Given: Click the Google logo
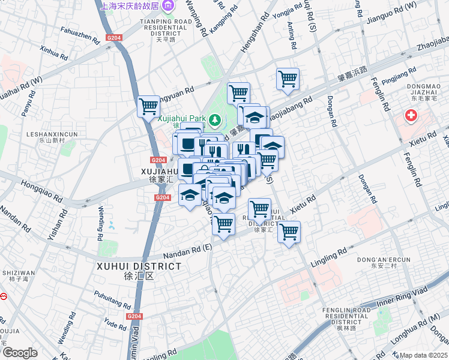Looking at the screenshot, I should pyautogui.click(x=20, y=352).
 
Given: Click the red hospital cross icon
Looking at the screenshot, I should pyautogui.click(x=411, y=115).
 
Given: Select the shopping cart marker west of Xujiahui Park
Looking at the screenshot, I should pyautogui.click(x=148, y=107).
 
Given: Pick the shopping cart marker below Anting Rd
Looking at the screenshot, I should pyautogui.click(x=288, y=79).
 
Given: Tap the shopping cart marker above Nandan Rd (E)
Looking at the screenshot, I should pyautogui.click(x=223, y=224).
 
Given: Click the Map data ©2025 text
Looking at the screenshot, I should pyautogui.click(x=424, y=355).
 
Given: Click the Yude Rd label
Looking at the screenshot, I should pyautogui.click(x=112, y=323).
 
